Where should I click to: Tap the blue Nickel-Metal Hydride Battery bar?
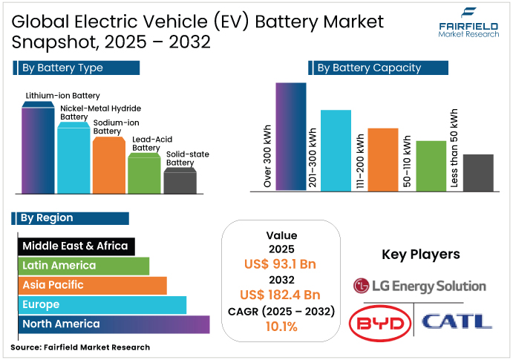[73, 160]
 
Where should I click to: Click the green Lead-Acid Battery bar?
[144, 174]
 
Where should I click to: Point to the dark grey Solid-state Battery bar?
[180, 182]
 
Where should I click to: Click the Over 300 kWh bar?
[291, 137]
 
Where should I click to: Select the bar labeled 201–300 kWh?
[336, 151]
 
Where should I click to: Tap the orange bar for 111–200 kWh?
[383, 160]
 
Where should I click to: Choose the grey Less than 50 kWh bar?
[478, 173]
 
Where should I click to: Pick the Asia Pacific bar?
[92, 285]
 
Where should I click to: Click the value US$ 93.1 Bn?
[281, 264]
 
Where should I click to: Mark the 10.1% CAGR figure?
[281, 326]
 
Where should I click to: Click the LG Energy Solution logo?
[419, 286]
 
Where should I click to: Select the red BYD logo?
[379, 322]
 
